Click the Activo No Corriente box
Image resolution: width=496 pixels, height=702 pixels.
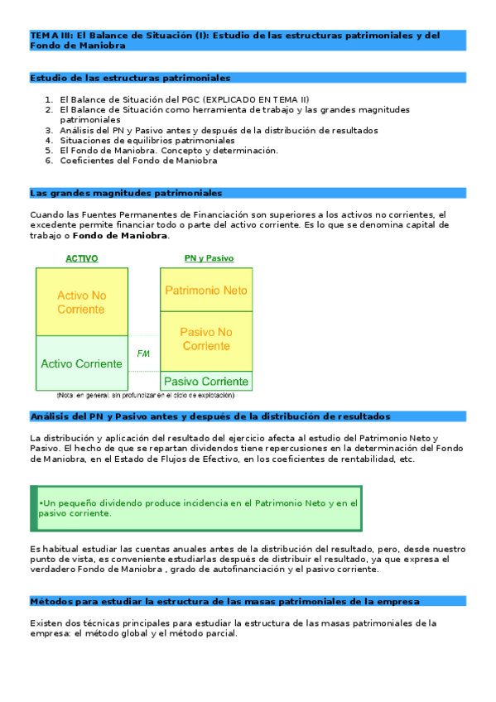coord(81,302)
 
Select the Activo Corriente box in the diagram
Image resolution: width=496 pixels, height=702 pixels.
coord(81,363)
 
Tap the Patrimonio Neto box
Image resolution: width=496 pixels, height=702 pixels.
coord(206,291)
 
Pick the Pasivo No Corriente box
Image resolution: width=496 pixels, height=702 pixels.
coord(206,339)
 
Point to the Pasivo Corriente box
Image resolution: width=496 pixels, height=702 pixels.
coord(206,382)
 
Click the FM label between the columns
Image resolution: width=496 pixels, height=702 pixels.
coord(143,353)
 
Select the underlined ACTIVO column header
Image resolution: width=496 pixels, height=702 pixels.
coord(81,258)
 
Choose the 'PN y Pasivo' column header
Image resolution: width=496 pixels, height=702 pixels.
coord(208,258)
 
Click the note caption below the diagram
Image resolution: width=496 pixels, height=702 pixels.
coord(145,397)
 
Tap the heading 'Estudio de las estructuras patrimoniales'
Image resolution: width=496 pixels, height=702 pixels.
coord(130,78)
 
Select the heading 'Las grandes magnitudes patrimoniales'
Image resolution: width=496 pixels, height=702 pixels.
coord(126,193)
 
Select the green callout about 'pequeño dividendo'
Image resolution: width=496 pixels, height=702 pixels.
coord(199,507)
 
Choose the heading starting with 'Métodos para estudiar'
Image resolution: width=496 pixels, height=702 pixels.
coord(224,601)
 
